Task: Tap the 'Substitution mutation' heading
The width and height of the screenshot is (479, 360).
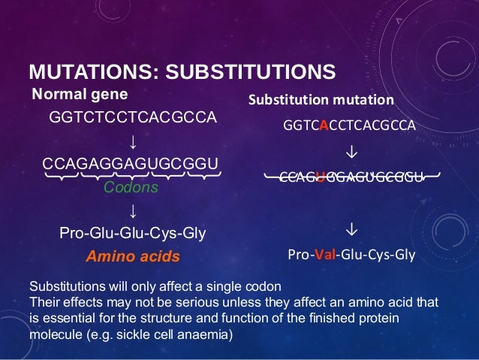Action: [321, 100]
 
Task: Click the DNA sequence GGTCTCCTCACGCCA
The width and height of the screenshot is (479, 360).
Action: [132, 118]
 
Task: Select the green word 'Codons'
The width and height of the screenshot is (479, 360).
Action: [131, 188]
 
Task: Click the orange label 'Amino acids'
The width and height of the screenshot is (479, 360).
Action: [133, 256]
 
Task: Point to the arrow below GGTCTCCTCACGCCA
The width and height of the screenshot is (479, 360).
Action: [132, 141]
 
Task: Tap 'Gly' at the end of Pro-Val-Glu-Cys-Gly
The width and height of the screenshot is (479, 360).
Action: [403, 254]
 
